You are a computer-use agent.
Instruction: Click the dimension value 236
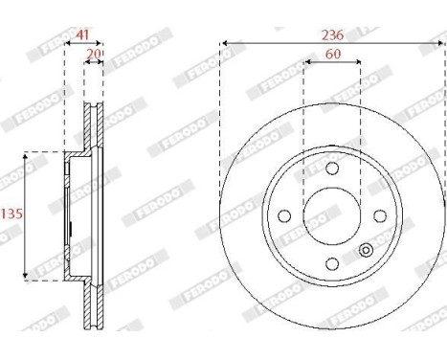pos(332,35)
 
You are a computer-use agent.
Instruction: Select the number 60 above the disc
pos(332,54)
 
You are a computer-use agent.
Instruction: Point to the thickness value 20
pos(93,54)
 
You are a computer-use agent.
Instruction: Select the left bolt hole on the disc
pos(284,216)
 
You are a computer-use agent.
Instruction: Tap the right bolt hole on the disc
pos(379,215)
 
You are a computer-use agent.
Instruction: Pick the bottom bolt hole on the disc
pos(332,263)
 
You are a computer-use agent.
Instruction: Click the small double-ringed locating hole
pos(365,252)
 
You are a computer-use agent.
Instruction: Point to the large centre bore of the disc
pos(332,216)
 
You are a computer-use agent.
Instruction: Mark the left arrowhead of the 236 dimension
pos(224,42)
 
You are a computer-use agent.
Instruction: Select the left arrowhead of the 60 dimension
pos(306,62)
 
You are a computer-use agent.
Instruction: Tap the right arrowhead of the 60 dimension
pos(358,62)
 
